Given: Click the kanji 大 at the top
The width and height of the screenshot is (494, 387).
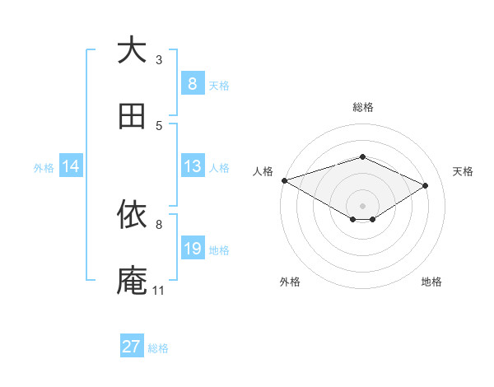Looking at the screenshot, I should pyautogui.click(x=132, y=51).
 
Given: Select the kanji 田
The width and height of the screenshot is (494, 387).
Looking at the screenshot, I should pyautogui.click(x=132, y=116).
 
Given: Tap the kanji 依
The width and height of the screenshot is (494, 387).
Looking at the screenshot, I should pyautogui.click(x=132, y=215).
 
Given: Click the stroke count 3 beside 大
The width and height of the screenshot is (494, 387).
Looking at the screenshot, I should pyautogui.click(x=159, y=59).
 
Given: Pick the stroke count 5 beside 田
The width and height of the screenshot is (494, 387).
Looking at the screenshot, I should pyautogui.click(x=159, y=125).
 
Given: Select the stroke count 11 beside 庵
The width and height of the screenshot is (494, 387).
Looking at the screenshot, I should pyautogui.click(x=159, y=290).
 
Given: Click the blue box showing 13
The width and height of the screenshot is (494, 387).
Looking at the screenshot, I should pyautogui.click(x=192, y=167).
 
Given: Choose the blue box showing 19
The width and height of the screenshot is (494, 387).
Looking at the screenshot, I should pyautogui.click(x=192, y=249).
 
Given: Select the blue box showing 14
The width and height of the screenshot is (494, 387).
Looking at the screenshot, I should pyautogui.click(x=71, y=167).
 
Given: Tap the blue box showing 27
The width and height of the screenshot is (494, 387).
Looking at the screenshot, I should pyautogui.click(x=132, y=347).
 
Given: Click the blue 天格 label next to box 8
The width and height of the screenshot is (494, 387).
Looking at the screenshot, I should pyautogui.click(x=219, y=85).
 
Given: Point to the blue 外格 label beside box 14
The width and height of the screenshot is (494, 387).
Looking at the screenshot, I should pyautogui.click(x=44, y=168).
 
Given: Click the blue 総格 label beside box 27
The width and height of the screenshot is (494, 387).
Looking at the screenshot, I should pyautogui.click(x=158, y=348).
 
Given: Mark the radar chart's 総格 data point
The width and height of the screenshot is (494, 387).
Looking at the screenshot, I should pyautogui.click(x=362, y=156).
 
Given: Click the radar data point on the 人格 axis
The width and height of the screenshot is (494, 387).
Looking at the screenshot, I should pyautogui.click(x=284, y=180).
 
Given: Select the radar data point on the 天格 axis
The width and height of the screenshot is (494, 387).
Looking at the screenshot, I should pyautogui.click(x=426, y=185).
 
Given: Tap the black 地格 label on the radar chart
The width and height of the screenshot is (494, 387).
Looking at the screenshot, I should pyautogui.click(x=431, y=282).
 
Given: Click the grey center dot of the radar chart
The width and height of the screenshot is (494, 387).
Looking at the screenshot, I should pyautogui.click(x=362, y=205).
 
